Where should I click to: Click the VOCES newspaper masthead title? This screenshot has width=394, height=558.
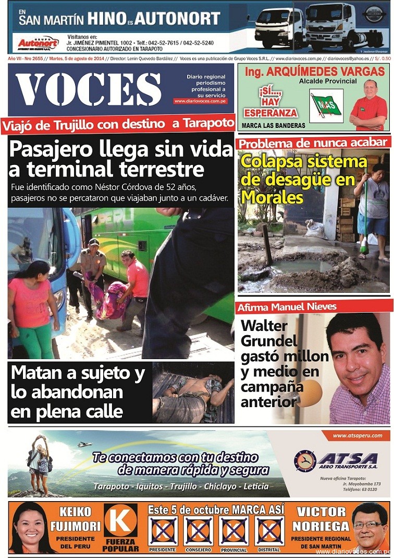(x=89, y=89)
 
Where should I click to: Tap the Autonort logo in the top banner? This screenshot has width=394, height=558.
(x=38, y=43)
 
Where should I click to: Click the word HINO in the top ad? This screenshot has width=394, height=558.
(x=106, y=19)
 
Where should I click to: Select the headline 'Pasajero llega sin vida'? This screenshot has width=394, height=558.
(x=121, y=150)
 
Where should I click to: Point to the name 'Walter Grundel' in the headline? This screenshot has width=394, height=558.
(x=269, y=334)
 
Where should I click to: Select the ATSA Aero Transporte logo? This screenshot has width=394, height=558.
(x=337, y=460)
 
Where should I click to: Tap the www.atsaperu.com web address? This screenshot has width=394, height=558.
(x=357, y=435)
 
